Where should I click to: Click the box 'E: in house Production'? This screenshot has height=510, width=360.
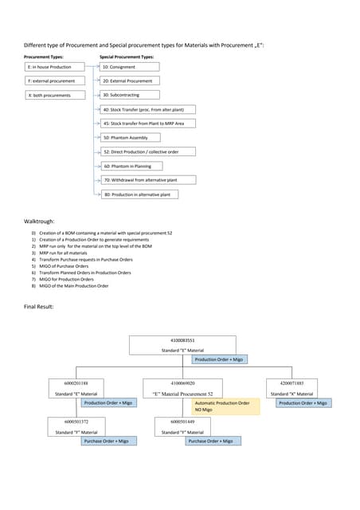[x=53, y=68]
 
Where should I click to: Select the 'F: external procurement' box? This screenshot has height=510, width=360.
[x=53, y=81]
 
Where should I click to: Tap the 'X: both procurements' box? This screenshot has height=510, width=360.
[x=53, y=95]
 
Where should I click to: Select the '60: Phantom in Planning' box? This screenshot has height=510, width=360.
[x=131, y=166]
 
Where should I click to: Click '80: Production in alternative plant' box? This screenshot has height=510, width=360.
[x=139, y=194]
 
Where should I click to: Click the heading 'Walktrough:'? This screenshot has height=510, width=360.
[x=40, y=220]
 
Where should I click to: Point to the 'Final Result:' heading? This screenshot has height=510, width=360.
[x=39, y=307]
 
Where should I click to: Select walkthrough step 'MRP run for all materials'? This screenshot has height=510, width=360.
[x=68, y=253]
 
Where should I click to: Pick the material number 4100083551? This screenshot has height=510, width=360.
[x=182, y=340]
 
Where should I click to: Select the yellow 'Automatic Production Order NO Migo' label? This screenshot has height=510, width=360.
[x=221, y=406]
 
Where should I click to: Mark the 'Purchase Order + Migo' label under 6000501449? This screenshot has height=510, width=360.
[x=211, y=441]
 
